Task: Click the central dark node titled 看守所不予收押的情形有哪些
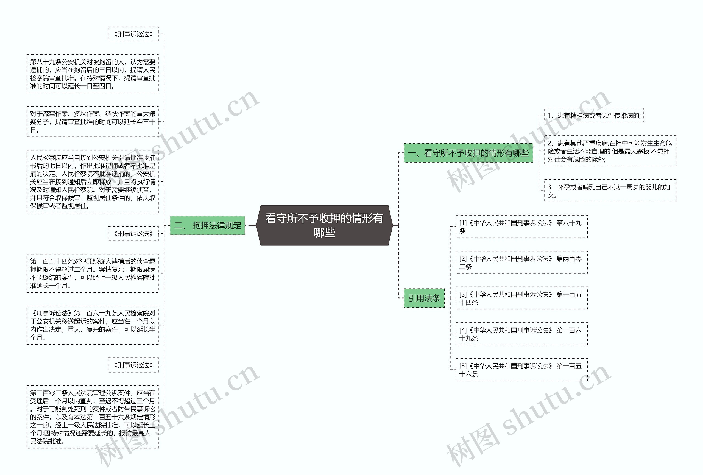click(x=324, y=225)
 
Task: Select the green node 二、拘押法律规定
click(x=208, y=225)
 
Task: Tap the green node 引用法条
click(x=424, y=298)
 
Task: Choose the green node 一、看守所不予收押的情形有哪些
click(x=468, y=153)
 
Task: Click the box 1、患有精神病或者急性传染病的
click(x=594, y=115)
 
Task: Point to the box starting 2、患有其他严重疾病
click(x=610, y=151)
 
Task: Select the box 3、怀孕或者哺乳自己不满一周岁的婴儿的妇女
click(x=610, y=191)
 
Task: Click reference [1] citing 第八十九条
click(x=521, y=227)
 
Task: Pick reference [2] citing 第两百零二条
click(x=521, y=262)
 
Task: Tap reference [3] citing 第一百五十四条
click(x=521, y=298)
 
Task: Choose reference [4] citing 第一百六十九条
click(x=521, y=334)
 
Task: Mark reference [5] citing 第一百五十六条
click(x=521, y=370)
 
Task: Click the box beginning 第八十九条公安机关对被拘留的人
click(x=93, y=74)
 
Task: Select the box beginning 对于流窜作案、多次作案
click(x=93, y=122)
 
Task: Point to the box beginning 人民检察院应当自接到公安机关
click(x=93, y=181)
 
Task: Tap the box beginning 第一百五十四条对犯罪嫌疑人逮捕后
click(x=93, y=273)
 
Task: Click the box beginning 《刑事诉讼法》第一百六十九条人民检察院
click(x=93, y=325)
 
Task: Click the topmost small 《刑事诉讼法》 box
click(x=133, y=34)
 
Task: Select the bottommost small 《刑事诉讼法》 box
click(x=133, y=365)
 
